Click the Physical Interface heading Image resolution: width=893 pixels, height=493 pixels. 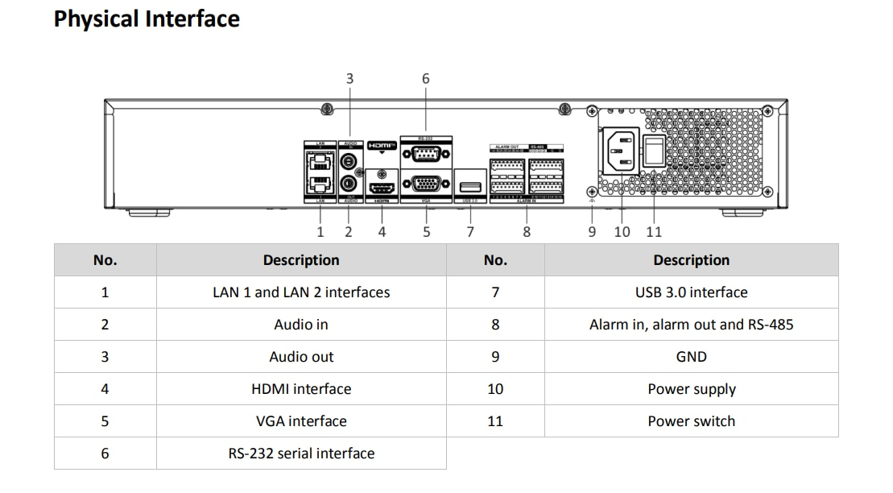[147, 19]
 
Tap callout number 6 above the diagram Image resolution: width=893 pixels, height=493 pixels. [426, 78]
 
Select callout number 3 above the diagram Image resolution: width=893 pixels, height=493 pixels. [349, 78]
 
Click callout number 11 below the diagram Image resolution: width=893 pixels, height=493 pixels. [654, 231]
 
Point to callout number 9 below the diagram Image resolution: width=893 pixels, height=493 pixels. [592, 231]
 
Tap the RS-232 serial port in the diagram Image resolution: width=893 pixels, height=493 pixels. [425, 156]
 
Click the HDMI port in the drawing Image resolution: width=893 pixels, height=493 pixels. [381, 187]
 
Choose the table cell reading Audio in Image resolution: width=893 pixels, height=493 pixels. [301, 325]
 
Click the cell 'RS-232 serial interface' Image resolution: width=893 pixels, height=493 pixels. [301, 454]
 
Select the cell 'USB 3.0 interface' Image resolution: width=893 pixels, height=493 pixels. [691, 292]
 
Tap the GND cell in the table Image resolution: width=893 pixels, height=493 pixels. [691, 357]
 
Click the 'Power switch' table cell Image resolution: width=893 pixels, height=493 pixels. [691, 421]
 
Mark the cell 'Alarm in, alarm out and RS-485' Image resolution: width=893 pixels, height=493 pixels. [691, 325]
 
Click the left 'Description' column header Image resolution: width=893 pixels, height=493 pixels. [301, 260]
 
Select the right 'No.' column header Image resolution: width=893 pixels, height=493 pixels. [495, 260]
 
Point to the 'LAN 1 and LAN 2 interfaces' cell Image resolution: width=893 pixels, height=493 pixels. [301, 292]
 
